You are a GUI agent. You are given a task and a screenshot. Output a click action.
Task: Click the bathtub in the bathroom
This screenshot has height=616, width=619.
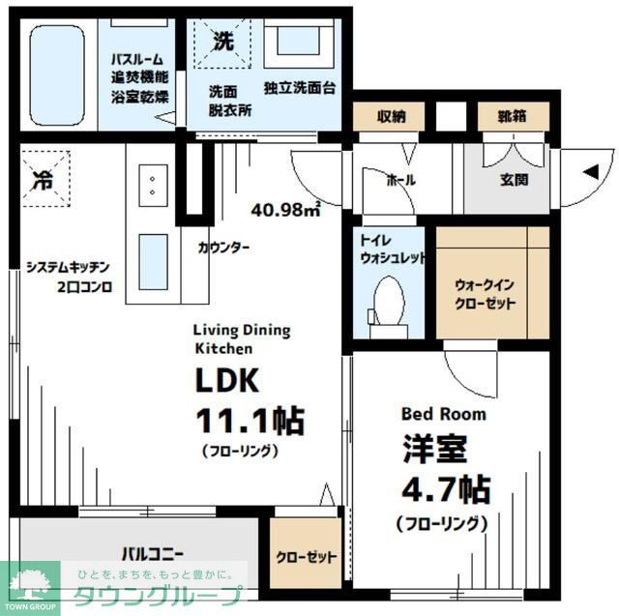pyautogui.click(x=59, y=73)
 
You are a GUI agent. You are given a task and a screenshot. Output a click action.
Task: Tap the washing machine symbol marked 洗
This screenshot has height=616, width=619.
pyautogui.click(x=222, y=44)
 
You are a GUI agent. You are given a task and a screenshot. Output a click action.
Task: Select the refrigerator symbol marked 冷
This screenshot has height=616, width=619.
pyautogui.click(x=44, y=179)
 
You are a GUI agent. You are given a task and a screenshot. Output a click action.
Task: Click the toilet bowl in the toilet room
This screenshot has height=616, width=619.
pyautogui.click(x=389, y=302)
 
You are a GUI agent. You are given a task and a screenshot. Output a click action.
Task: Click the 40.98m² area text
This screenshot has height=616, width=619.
pyautogui.click(x=286, y=207)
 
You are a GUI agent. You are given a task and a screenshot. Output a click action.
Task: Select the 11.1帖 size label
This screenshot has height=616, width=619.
pyautogui.click(x=251, y=422)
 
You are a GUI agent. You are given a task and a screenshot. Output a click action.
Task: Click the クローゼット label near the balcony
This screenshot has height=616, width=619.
pyautogui.click(x=306, y=558)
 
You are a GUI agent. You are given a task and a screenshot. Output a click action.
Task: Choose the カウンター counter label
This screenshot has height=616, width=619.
pyautogui.click(x=224, y=248)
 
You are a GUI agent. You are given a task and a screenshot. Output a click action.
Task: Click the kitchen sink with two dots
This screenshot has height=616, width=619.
pyautogui.click(x=153, y=184)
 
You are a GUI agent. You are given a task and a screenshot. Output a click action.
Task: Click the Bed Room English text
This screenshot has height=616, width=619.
pyautogui.click(x=444, y=413)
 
